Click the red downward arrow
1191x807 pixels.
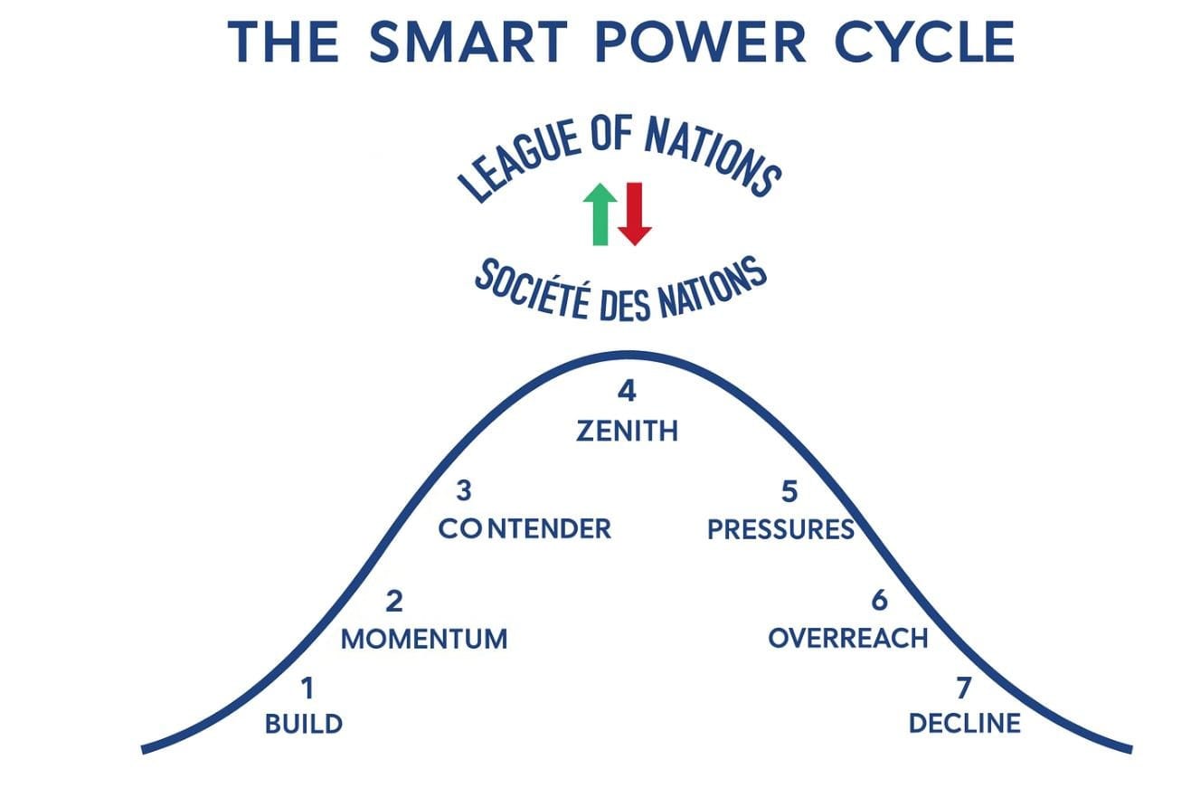pos(634,213)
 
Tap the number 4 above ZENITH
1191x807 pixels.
pos(627,392)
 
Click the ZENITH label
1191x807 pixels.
pos(627,431)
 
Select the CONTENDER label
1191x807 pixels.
pos(525,528)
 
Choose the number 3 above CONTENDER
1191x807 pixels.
pos(464,491)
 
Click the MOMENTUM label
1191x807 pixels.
pos(423,639)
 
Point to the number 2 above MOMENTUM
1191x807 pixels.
pos(394,602)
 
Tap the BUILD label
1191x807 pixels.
pos(304,724)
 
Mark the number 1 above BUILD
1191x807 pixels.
pos(307,688)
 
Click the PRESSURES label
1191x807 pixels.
pos(780,529)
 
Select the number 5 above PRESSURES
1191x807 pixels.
pos(789,491)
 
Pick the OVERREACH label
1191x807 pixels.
pos(848,638)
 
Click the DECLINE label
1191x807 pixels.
pos(964,724)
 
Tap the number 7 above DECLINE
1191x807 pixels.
pos(963,688)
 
